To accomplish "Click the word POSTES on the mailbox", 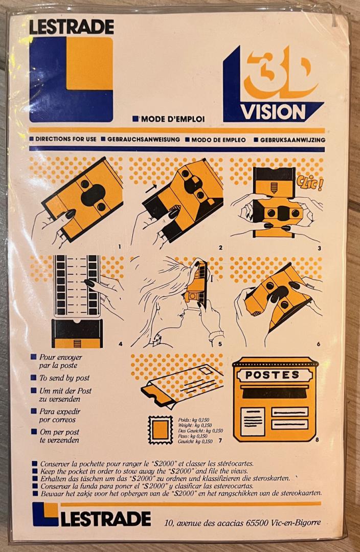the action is click(x=272, y=375).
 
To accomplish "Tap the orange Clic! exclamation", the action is click(x=309, y=182).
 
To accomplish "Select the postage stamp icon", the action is click(x=160, y=429).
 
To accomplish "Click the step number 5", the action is click(x=220, y=344).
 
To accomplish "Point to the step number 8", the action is click(x=317, y=440).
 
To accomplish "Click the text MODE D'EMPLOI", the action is click(x=173, y=119).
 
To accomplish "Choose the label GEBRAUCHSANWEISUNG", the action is click(x=143, y=140).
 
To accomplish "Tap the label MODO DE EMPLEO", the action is click(x=218, y=140).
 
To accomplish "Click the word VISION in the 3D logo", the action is click(x=273, y=112).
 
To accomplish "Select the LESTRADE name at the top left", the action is click(x=72, y=27).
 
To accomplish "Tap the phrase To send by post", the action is click(x=64, y=378).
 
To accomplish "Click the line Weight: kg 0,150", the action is click(x=195, y=425).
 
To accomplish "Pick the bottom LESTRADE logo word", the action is click(x=106, y=519).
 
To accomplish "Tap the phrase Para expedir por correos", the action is click(x=60, y=416).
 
